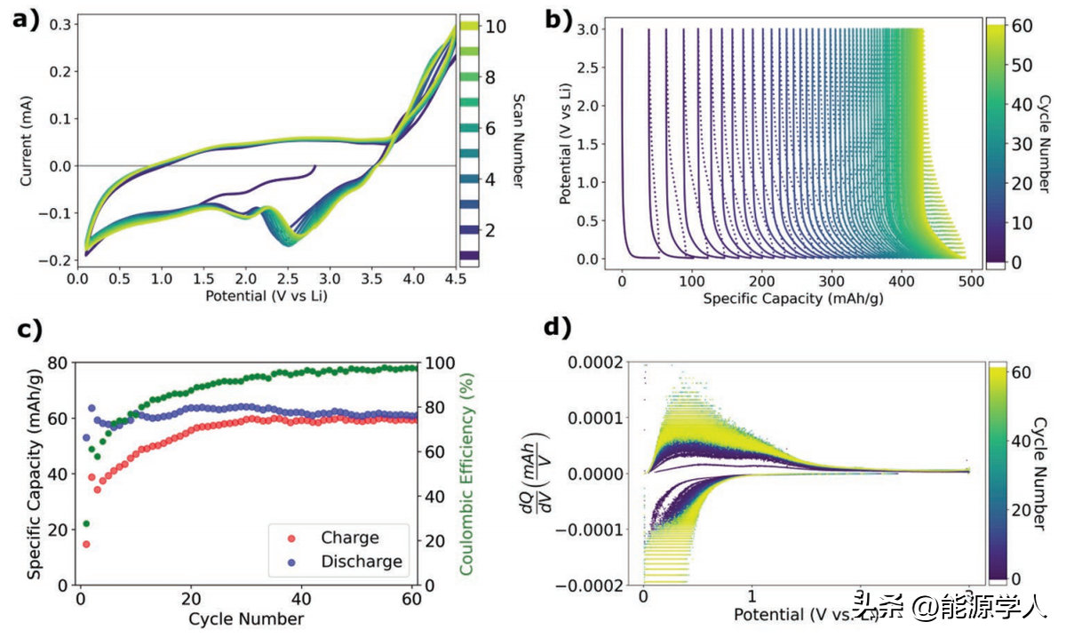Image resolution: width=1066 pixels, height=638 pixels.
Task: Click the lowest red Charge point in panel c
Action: click(86, 544)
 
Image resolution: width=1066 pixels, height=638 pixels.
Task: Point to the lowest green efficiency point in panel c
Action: click(86, 523)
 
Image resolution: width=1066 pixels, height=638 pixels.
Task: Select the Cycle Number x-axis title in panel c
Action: click(246, 618)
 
